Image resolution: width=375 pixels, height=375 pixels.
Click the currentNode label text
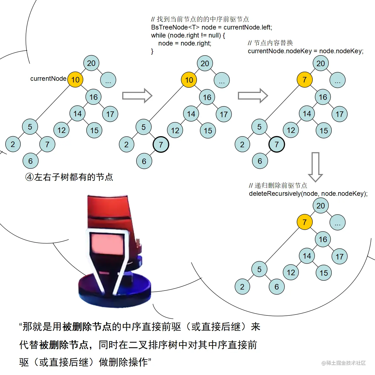(48, 79)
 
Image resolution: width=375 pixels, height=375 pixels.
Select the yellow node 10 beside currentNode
(75, 80)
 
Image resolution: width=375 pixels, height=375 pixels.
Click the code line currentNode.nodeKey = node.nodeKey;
(306, 51)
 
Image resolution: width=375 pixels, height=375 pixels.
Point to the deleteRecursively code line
(308, 194)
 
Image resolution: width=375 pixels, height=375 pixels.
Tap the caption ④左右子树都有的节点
(69, 177)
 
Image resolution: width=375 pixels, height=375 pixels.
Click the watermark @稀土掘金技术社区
(344, 363)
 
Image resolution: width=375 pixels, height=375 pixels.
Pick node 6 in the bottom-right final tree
(277, 287)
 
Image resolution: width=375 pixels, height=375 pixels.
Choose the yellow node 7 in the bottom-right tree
(304, 222)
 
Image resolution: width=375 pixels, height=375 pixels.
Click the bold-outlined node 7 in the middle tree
(161, 144)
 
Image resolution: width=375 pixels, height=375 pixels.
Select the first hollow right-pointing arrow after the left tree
(137, 96)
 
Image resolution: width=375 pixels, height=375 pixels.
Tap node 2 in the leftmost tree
(13, 144)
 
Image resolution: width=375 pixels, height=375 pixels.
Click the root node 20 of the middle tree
(205, 63)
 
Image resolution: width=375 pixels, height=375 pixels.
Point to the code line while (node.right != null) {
(188, 35)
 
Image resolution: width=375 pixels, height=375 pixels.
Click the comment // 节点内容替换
(270, 43)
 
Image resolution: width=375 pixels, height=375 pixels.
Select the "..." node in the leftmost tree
(108, 80)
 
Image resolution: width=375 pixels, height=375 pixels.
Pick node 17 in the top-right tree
(339, 114)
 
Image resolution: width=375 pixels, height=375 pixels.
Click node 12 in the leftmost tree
(61, 130)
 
